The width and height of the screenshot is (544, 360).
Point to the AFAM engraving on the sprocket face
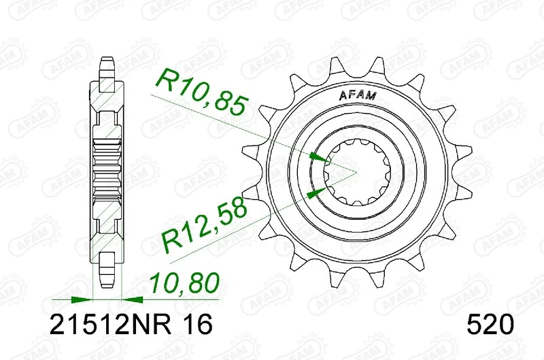pyautogui.click(x=356, y=96)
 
